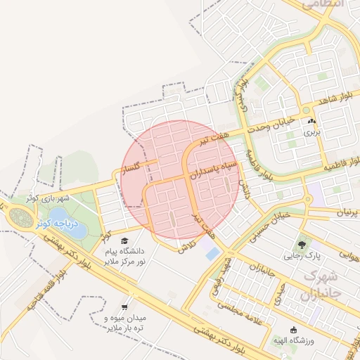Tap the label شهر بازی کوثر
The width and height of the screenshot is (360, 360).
click(44, 199)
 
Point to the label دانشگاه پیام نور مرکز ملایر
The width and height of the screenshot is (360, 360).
click(124, 256)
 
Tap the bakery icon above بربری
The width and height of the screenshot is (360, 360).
click(311, 121)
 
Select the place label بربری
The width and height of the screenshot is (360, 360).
click(311, 131)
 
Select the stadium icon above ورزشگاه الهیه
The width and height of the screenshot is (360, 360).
click(293, 330)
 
